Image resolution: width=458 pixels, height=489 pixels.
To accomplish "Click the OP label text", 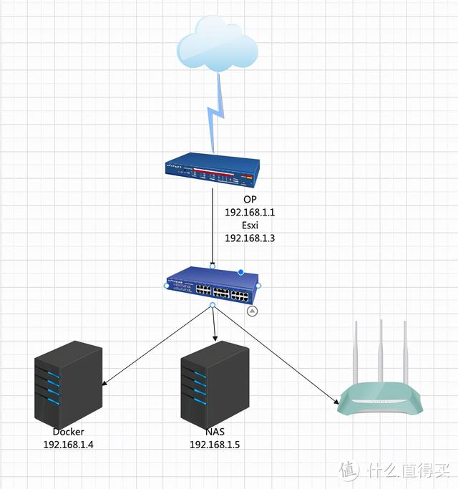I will tap(250, 199).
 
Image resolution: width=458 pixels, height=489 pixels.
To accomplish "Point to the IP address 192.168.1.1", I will tap(250, 213).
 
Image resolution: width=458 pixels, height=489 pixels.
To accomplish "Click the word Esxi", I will tap(250, 225).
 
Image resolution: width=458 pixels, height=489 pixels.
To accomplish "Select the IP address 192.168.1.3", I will tap(250, 238).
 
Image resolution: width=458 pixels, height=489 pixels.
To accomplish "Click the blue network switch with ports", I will tap(211, 286).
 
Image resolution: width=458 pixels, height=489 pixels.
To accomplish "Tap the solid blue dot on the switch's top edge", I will tap(241, 272).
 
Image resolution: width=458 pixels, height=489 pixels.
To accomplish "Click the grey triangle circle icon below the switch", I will tap(252, 311).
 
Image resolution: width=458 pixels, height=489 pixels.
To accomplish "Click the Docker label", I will tap(68, 432).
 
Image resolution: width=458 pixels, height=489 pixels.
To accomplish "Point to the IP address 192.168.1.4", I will tap(68, 445).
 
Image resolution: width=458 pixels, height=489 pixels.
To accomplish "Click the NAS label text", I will tap(215, 432).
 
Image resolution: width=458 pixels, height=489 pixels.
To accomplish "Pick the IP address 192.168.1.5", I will tap(215, 445).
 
